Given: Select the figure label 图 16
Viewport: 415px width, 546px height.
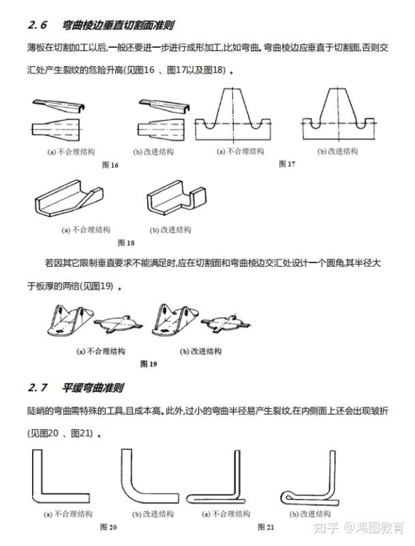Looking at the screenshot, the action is click(110, 165).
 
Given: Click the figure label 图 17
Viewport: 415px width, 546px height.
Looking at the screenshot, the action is click(287, 164).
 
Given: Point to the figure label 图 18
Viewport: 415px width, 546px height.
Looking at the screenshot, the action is click(126, 242).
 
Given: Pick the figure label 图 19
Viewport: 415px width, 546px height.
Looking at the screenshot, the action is click(149, 364).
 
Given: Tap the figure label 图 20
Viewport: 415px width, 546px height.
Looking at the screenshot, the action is click(108, 528).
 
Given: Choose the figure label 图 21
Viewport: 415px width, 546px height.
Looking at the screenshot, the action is click(266, 528).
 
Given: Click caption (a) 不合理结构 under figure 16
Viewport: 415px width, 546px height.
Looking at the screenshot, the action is click(70, 152).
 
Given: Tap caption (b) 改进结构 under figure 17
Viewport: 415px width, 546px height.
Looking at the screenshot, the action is click(338, 151).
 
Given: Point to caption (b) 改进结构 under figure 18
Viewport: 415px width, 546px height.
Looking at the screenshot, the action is click(171, 230).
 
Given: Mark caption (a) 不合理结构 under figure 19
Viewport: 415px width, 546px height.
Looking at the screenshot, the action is click(101, 351).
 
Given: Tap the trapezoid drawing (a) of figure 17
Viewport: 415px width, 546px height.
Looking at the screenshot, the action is click(233, 114).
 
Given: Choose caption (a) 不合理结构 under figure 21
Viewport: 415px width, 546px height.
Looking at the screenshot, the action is click(226, 514).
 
